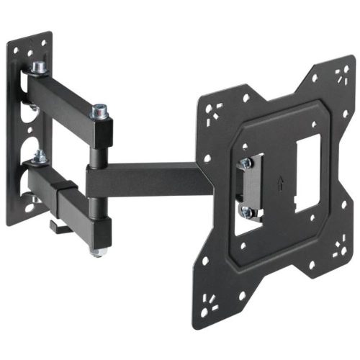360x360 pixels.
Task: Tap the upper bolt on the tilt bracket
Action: [246, 163]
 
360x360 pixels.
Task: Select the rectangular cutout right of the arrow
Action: [307, 173]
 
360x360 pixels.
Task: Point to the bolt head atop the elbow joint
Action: [99, 112]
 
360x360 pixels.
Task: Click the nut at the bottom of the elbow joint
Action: [99, 251]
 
